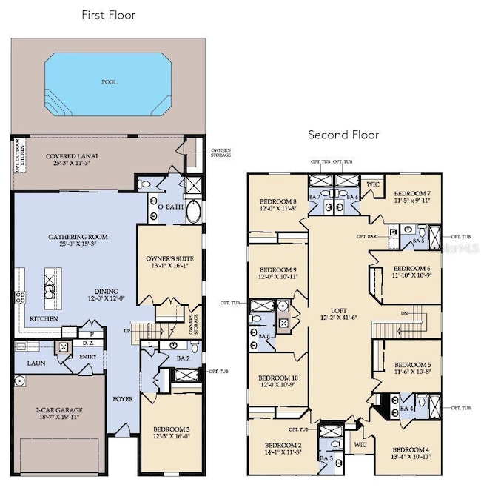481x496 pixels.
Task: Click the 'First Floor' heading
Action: (x=108, y=14)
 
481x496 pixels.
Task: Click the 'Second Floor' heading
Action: (x=343, y=135)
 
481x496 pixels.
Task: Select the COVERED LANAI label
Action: (x=73, y=156)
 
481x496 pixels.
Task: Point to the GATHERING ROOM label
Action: (x=78, y=237)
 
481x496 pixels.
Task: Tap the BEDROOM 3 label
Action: (x=172, y=429)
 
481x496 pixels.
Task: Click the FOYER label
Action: (x=123, y=398)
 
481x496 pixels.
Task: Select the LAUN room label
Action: (x=36, y=363)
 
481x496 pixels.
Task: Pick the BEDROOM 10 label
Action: (x=277, y=378)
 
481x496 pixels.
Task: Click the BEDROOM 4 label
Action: (x=411, y=449)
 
